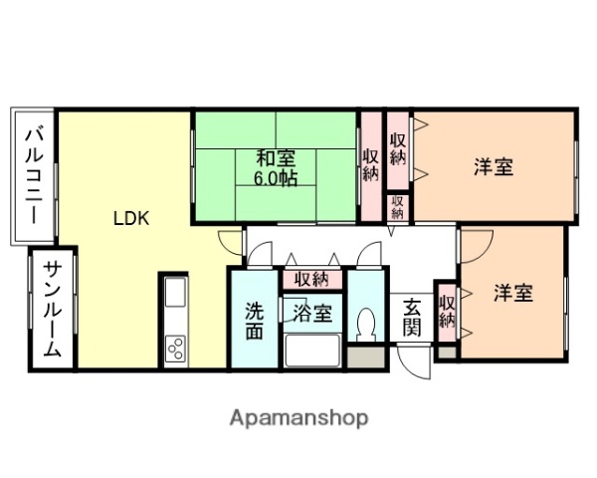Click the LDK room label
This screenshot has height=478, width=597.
(130, 219)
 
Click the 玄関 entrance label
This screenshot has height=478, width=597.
(412, 317)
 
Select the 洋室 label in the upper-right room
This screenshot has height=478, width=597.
(493, 166)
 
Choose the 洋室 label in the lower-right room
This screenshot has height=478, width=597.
(513, 294)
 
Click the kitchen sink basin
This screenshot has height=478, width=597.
(174, 295)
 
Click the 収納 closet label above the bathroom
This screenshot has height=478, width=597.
(311, 279)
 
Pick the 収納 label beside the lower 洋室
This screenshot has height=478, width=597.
(447, 311)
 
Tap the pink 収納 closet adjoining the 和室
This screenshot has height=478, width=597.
(370, 164)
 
